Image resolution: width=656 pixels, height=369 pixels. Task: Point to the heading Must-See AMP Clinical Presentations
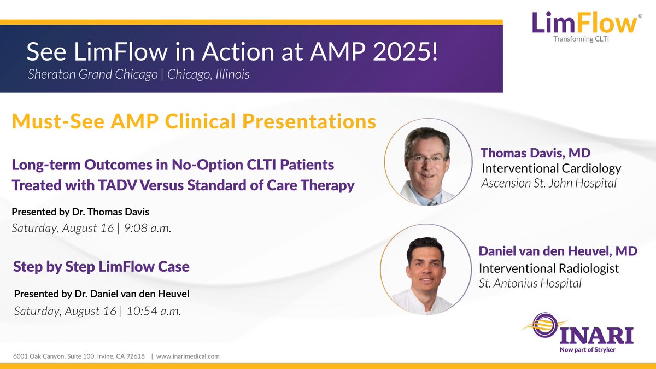[194, 121]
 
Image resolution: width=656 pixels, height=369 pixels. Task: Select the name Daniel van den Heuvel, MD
[558, 251]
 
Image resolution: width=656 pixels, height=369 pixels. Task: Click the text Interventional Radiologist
[548, 268]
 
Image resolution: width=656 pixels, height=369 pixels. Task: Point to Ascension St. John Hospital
[548, 183]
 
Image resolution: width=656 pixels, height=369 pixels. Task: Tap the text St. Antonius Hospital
[530, 283]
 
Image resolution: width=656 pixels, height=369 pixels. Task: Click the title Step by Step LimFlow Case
[101, 267]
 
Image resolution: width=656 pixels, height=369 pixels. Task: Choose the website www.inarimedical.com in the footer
[188, 356]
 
